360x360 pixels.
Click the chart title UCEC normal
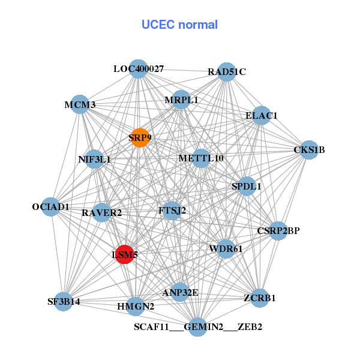179,25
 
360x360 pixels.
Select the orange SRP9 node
139,137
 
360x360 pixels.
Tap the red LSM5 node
125,254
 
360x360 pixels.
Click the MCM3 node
80,104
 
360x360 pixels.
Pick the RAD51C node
226,72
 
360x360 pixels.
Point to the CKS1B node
308,149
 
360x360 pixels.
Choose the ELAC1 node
261,115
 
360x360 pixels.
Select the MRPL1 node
181,100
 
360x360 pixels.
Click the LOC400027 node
139,69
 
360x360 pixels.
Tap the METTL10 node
201,158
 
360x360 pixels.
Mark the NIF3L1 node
95,160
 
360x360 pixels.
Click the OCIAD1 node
51,207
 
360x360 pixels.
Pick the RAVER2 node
102,212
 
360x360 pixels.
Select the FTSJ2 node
172,211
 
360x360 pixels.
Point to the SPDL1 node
247,186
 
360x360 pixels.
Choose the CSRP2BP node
278,230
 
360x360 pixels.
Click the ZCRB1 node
259,298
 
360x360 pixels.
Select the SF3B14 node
64,301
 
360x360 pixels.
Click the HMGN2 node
136,306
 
